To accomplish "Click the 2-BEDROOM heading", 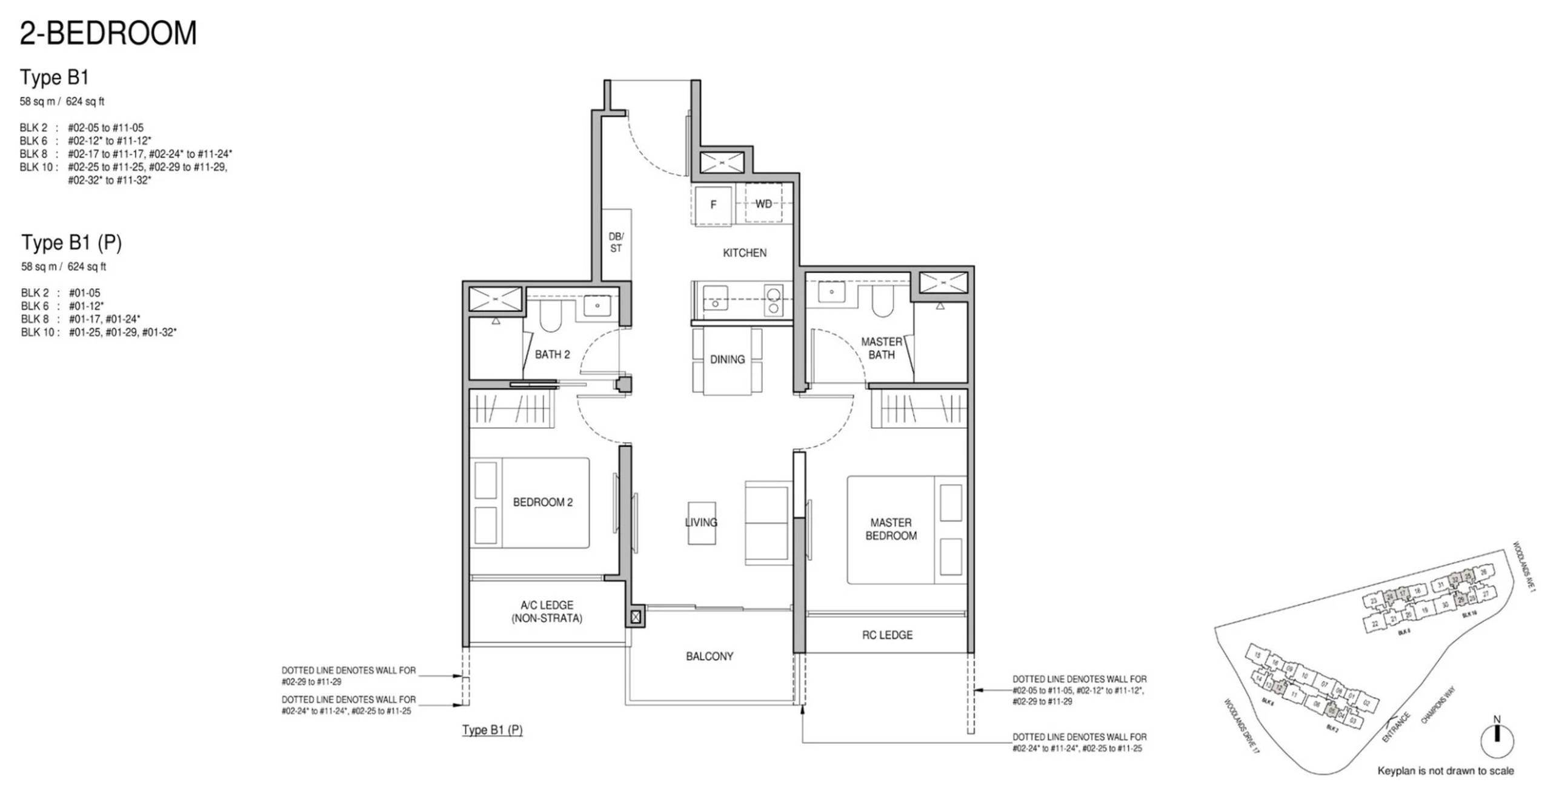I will [x=108, y=33].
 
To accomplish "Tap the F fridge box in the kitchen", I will [x=713, y=205].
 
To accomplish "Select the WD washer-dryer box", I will [x=763, y=204].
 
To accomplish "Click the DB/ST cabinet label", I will [x=616, y=242].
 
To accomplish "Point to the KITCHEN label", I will [x=744, y=253].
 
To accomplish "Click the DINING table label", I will [x=727, y=360].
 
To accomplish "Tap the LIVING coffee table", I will [x=702, y=523].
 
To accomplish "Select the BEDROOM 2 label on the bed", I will [x=542, y=502].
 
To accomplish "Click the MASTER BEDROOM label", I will [x=890, y=529].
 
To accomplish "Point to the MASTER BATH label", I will [x=881, y=348].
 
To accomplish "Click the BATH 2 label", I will [x=552, y=354].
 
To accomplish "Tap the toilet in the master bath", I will [x=883, y=302].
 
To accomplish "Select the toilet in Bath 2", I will [x=551, y=316].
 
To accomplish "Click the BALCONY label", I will [x=710, y=656].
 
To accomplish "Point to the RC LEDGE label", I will [x=886, y=635].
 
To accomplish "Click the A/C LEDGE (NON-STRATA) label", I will [x=547, y=611].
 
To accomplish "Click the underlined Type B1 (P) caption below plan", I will [x=492, y=730].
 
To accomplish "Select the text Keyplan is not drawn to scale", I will [x=1445, y=771].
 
